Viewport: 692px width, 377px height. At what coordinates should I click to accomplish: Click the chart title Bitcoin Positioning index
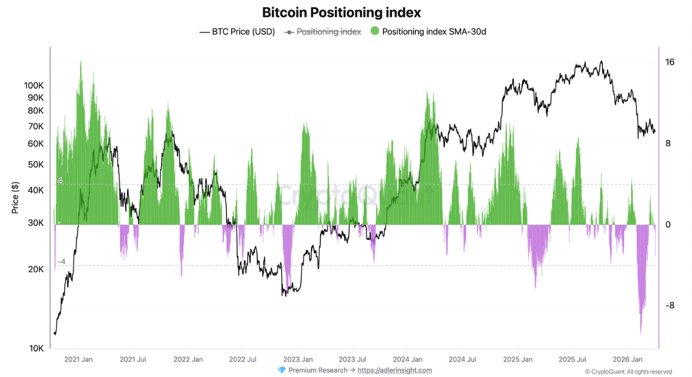click(x=341, y=12)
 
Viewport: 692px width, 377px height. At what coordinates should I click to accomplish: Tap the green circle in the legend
click(x=375, y=32)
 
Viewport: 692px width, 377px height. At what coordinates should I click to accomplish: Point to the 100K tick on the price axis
click(x=34, y=86)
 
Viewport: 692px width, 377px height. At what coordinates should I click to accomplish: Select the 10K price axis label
click(x=36, y=348)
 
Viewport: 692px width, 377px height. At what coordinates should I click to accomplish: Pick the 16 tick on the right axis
click(x=670, y=62)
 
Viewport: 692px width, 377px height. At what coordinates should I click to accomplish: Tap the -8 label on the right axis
click(x=670, y=305)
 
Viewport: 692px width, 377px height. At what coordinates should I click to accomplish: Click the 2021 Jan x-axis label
click(x=79, y=359)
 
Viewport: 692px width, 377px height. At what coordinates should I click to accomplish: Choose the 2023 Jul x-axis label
click(x=352, y=359)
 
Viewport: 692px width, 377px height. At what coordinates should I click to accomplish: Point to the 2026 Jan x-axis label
click(x=627, y=359)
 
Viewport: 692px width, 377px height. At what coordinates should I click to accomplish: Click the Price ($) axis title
click(x=15, y=197)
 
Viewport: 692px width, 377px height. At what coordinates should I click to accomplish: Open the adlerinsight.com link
click(x=395, y=370)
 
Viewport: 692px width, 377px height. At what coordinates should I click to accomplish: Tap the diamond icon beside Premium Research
click(x=281, y=370)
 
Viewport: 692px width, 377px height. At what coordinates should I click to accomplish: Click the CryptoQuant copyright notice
click(x=628, y=372)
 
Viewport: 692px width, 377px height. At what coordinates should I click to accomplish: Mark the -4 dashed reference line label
click(x=61, y=262)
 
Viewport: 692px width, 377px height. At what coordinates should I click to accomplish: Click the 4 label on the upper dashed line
click(x=60, y=180)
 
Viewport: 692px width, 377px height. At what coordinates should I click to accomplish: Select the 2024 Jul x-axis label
click(x=462, y=359)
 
